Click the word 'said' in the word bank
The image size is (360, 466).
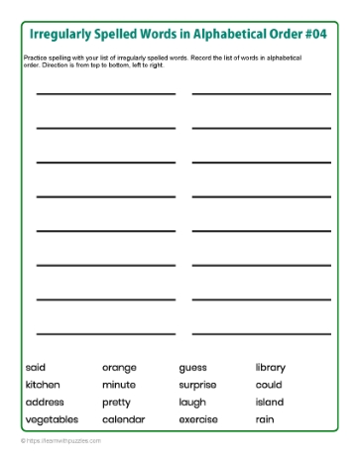[x=36, y=368]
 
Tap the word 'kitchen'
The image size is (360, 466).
[x=43, y=385]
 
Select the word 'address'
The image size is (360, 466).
[x=45, y=403]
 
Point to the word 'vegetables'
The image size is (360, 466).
[x=53, y=419]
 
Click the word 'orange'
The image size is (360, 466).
[x=119, y=368]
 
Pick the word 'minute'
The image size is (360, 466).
[x=119, y=385]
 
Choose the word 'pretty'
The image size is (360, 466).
[x=117, y=403]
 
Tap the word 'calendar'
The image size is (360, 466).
[x=123, y=419]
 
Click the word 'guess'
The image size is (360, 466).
[x=193, y=368]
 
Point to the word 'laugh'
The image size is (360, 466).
[x=192, y=403]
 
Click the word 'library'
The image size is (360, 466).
[x=270, y=368]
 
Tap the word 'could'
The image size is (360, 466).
[x=269, y=385]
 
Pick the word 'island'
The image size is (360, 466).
[x=270, y=403]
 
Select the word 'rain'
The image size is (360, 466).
[x=264, y=419]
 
